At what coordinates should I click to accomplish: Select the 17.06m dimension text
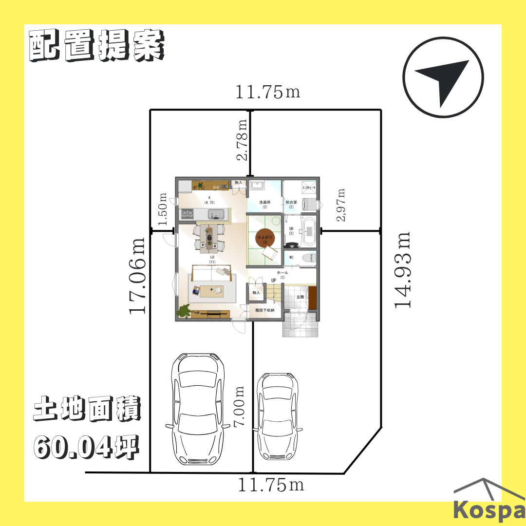137,276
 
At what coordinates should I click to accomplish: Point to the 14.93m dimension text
403,270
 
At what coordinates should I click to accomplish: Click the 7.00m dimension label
239,407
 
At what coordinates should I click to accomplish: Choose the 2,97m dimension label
340,205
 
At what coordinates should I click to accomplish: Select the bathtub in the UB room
310,232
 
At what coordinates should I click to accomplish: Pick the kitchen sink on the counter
216,214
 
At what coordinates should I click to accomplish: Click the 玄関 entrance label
300,297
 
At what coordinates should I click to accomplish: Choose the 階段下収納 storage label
264,310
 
